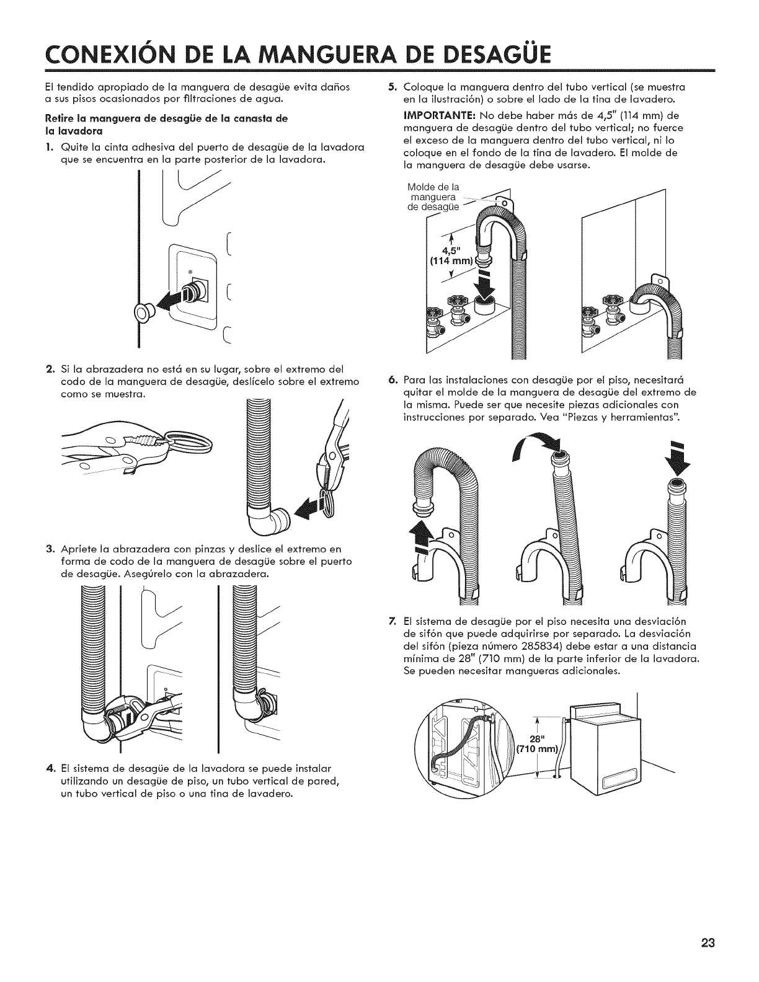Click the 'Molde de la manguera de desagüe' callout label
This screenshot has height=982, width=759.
point(433,198)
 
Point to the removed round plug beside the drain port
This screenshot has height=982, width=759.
point(145,314)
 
